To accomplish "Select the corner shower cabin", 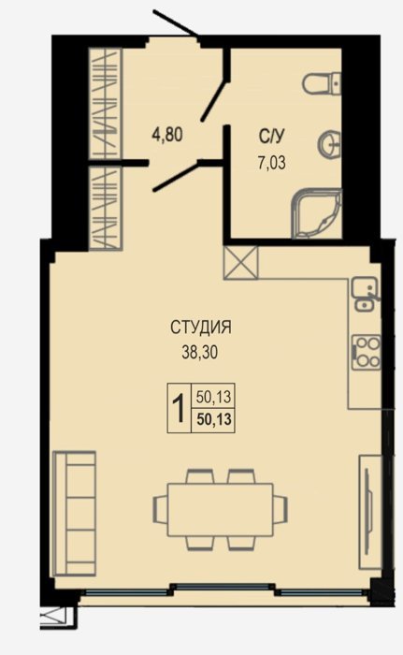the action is pyautogui.click(x=317, y=214).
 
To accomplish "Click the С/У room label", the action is pyautogui.click(x=272, y=136).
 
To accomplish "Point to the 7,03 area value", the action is pyautogui.click(x=272, y=162).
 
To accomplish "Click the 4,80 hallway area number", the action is pyautogui.click(x=167, y=135).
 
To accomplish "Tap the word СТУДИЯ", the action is pyautogui.click(x=200, y=327).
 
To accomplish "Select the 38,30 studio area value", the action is pyautogui.click(x=199, y=353).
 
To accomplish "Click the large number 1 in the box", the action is pyautogui.click(x=179, y=409).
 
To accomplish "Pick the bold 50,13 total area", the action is pyautogui.click(x=214, y=419).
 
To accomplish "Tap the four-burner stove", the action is pyautogui.click(x=367, y=352).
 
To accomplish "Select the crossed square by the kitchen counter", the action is pyautogui.click(x=241, y=262).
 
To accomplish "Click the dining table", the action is pyautogui.click(x=221, y=510).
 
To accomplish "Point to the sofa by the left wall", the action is pyautogui.click(x=75, y=514).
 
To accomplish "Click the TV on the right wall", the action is pyautogui.click(x=368, y=513).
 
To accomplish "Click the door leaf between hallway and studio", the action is pyautogui.click(x=178, y=178).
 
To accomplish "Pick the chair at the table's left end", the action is pyautogui.click(x=161, y=509).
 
